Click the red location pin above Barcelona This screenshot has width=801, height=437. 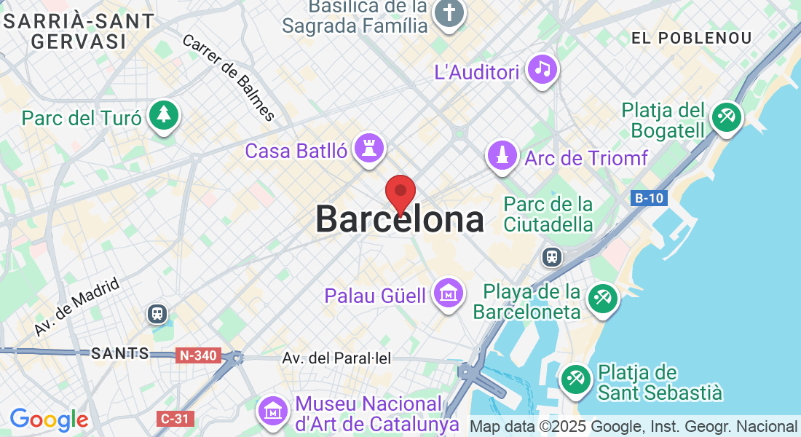click(x=400, y=193)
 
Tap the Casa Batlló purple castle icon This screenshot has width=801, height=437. click(x=368, y=148)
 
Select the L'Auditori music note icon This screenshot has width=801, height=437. click(x=542, y=69)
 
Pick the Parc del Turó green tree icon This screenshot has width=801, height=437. click(x=164, y=115)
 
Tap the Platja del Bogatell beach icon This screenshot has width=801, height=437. click(x=726, y=117)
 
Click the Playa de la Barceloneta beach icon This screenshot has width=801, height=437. click(x=603, y=299)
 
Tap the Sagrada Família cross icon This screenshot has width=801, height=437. click(x=449, y=13)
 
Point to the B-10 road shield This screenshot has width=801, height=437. click(x=648, y=198)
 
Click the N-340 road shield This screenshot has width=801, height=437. click(x=197, y=355)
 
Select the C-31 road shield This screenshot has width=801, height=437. click(x=175, y=419)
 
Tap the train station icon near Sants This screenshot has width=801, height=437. click(x=157, y=314)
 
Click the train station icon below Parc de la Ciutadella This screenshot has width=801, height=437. click(x=553, y=256)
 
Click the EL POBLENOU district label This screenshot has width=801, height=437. click(x=691, y=38)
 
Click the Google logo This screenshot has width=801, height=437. click(x=49, y=420)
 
